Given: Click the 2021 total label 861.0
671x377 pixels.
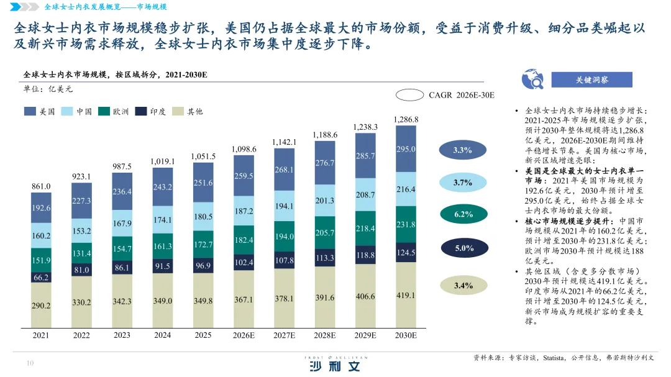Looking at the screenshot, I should pyautogui.click(x=41, y=186).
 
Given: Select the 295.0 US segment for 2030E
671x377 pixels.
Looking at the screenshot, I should pyautogui.click(x=406, y=149).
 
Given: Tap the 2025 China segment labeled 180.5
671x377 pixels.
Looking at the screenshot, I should pyautogui.click(x=203, y=217).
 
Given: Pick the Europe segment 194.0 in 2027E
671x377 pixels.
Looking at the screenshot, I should pyautogui.click(x=284, y=237).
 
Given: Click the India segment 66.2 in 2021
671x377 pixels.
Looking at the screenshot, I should pyautogui.click(x=41, y=278).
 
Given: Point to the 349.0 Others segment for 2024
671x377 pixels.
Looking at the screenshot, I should pyautogui.click(x=162, y=301).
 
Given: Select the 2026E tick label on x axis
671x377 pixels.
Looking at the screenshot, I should pyautogui.click(x=244, y=335).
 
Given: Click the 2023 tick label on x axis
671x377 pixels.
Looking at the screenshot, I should pyautogui.click(x=122, y=335).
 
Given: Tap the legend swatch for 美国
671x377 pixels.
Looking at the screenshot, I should pyautogui.click(x=30, y=112).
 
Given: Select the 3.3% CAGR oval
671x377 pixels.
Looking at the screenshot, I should pyautogui.click(x=463, y=150).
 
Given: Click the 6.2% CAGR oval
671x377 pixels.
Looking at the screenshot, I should pyautogui.click(x=463, y=214).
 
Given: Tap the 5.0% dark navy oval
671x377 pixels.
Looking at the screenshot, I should pyautogui.click(x=464, y=248).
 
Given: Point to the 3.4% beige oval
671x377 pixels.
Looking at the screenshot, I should pyautogui.click(x=463, y=286).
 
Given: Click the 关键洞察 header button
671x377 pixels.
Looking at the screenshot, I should pyautogui.click(x=591, y=80).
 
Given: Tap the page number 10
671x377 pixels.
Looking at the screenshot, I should pyautogui.click(x=30, y=364).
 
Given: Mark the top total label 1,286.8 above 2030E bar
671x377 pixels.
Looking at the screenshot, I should pyautogui.click(x=406, y=119).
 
